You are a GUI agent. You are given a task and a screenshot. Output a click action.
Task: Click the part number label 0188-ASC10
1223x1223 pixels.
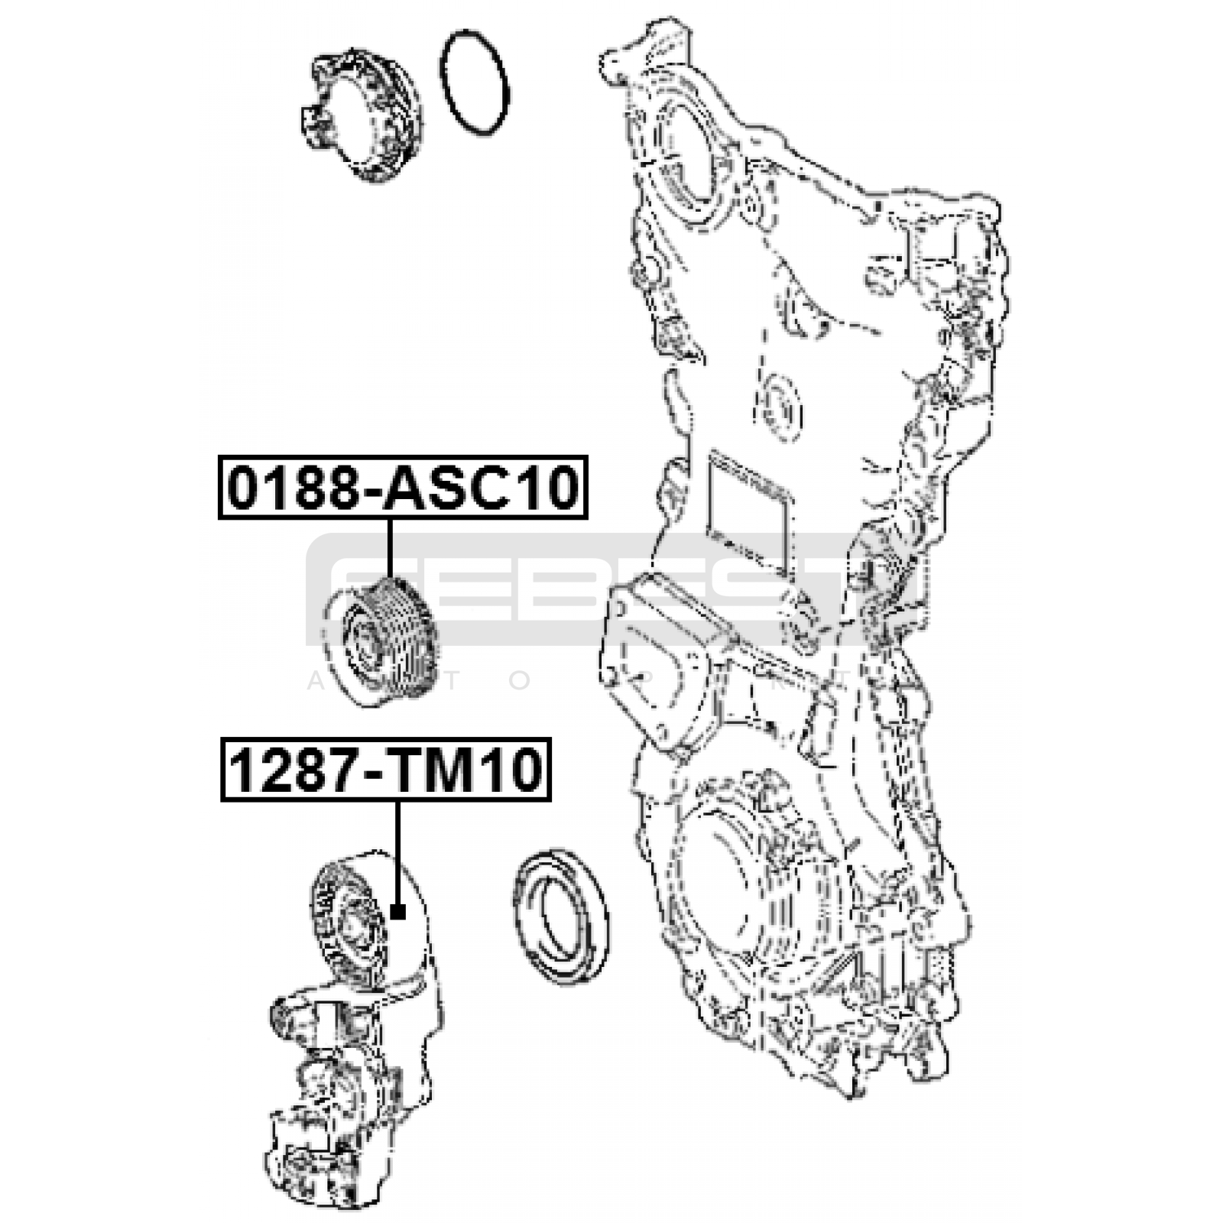point(403,488)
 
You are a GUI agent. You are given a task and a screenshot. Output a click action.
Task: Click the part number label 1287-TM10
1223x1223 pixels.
point(386,769)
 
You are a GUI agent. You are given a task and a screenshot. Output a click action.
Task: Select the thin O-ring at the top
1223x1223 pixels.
point(475,83)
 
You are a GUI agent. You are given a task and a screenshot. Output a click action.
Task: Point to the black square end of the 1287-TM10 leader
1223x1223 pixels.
point(397,911)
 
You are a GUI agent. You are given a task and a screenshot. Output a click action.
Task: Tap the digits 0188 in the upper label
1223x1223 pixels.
point(291,488)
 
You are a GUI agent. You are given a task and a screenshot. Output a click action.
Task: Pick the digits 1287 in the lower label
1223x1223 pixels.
point(293,769)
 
